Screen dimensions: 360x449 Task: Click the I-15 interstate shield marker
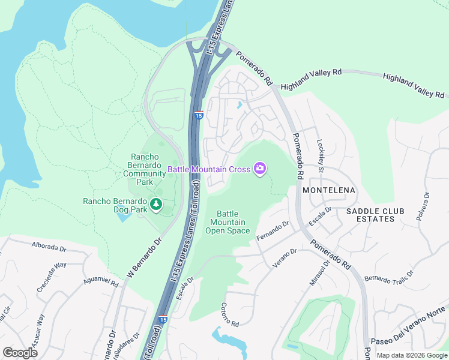(199, 115)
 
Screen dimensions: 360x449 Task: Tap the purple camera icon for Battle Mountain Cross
(260, 169)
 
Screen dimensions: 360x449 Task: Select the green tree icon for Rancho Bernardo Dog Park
(156, 205)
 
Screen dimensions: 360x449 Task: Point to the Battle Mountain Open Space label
(228, 222)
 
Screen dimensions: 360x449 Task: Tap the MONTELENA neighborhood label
(329, 190)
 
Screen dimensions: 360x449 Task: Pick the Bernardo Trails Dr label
(389, 277)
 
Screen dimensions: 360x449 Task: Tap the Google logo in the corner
(20, 352)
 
